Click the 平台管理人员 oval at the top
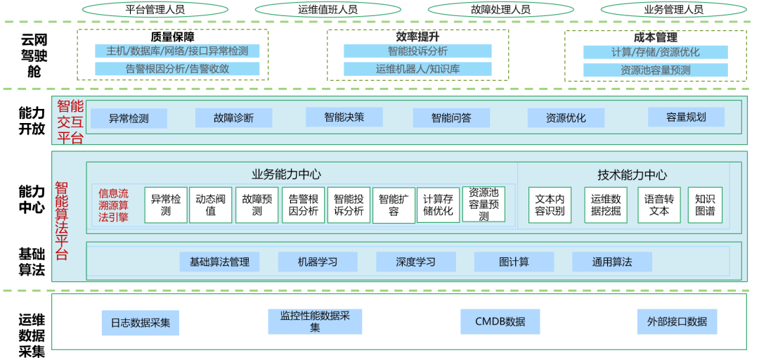(x=155, y=9)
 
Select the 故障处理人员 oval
(x=500, y=9)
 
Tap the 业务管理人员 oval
(x=673, y=9)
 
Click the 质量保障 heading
(x=172, y=37)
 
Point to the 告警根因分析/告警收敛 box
(x=177, y=69)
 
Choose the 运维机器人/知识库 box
(x=417, y=69)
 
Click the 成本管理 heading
(x=656, y=37)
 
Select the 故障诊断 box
(x=233, y=118)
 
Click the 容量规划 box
(x=686, y=117)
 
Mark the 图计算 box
(x=514, y=262)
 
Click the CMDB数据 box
(x=500, y=322)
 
